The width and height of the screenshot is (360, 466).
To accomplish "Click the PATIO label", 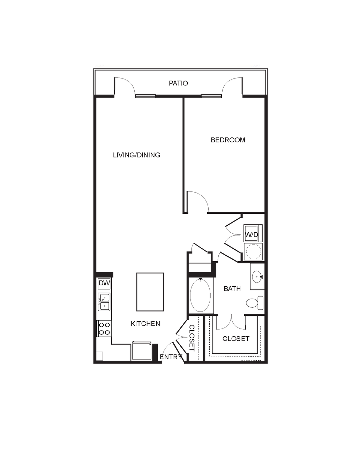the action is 178,83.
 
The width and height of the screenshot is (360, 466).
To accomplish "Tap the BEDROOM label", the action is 228,140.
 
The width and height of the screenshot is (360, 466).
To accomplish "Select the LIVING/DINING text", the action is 137,155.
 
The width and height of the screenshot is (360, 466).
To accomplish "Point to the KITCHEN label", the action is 145,324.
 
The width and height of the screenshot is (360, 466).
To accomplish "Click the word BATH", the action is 232,289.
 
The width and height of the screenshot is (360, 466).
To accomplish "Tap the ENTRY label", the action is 171,357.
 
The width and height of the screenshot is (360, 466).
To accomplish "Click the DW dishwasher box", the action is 104,283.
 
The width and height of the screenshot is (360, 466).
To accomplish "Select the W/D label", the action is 252,235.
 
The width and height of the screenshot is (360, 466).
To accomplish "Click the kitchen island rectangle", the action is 150,292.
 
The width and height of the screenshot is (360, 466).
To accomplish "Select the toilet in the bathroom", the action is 255,303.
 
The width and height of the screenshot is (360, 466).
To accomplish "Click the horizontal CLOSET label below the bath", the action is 236,339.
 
